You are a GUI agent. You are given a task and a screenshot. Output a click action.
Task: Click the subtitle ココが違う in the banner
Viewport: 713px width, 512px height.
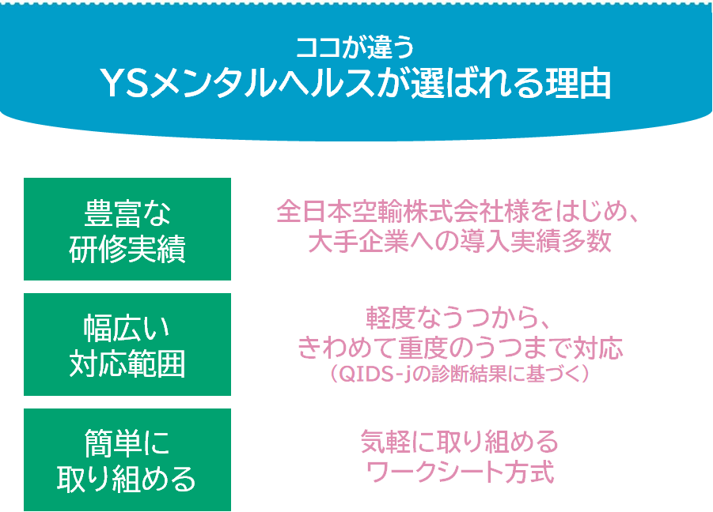pyautogui.click(x=355, y=48)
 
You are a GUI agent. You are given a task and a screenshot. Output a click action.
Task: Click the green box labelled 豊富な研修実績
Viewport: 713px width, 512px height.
pyautogui.click(x=127, y=229)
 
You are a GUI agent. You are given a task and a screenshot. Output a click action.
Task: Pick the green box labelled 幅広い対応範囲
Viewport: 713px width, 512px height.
pyautogui.click(x=127, y=344)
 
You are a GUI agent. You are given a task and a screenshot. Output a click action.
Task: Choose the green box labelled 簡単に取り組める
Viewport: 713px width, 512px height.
pyautogui.click(x=127, y=460)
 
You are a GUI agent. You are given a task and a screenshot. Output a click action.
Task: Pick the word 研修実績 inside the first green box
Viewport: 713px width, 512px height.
pyautogui.click(x=127, y=250)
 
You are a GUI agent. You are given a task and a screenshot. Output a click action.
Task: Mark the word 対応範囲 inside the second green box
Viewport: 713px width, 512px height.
pyautogui.click(x=127, y=365)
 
